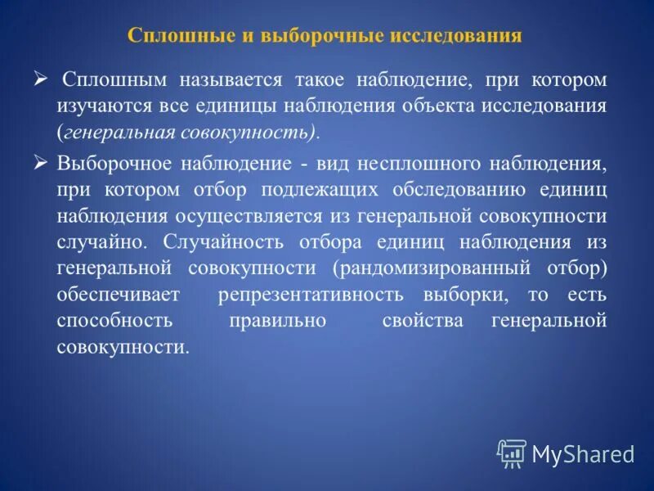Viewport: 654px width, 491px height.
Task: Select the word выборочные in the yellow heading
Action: click(289, 36)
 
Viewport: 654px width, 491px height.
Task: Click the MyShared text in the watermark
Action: click(583, 453)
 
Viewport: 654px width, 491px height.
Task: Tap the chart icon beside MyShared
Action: click(512, 453)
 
